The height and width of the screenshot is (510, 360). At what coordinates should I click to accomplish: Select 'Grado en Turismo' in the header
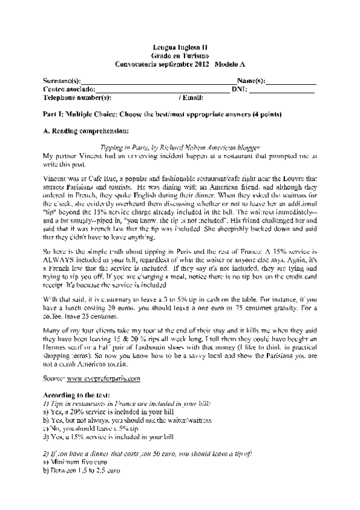point(180,55)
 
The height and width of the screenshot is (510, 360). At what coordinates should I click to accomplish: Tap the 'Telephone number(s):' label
point(78,97)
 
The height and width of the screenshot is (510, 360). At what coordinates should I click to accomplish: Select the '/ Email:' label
point(192,97)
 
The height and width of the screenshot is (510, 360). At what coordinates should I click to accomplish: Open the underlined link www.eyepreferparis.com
point(104,378)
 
